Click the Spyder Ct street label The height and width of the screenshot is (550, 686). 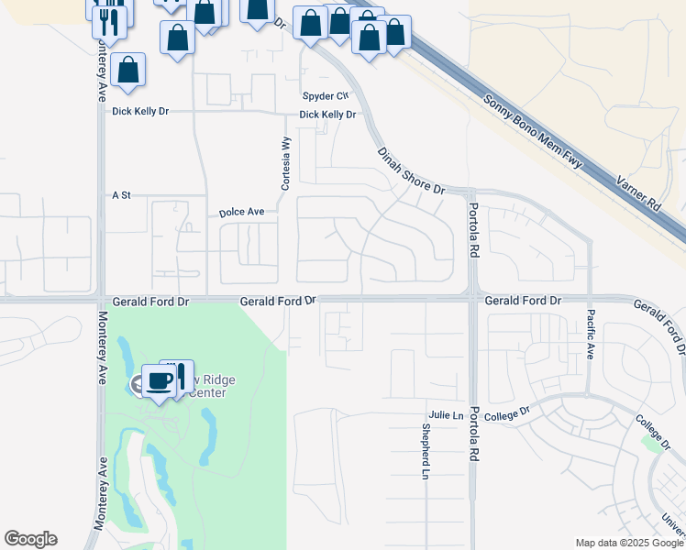[326, 95]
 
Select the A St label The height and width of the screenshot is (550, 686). [122, 195]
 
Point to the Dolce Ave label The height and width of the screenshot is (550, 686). [241, 212]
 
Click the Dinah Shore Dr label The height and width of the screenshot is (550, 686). [410, 171]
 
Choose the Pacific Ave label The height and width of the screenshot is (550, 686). [591, 334]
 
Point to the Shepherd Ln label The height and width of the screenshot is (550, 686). [426, 452]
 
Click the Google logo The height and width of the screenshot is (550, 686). [30, 539]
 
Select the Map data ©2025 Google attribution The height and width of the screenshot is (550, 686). [628, 543]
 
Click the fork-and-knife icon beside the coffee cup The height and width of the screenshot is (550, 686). [180, 375]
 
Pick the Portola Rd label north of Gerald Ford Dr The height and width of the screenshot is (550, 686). [474, 230]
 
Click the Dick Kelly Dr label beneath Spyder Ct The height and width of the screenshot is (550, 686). [327, 115]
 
